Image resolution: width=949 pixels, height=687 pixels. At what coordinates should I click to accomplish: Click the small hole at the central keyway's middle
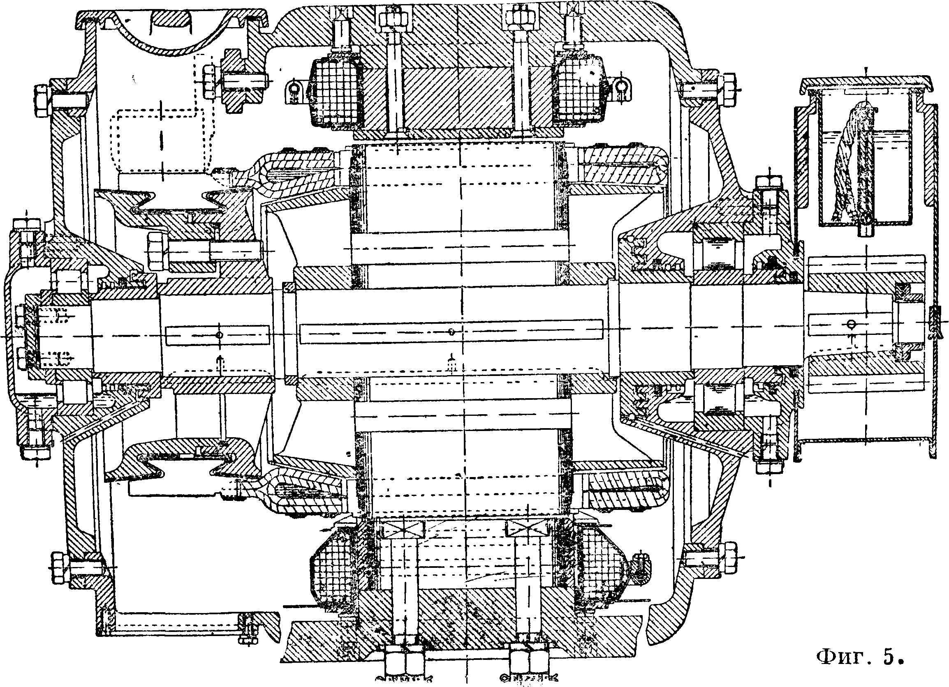[451, 332]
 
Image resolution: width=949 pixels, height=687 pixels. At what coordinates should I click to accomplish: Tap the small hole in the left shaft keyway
[219, 335]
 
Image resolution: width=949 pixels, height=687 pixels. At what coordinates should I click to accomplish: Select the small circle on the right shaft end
[849, 324]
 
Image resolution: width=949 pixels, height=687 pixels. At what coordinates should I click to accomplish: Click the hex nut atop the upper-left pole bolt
[393, 19]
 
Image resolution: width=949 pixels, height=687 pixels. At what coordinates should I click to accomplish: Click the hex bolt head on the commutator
[156, 251]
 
